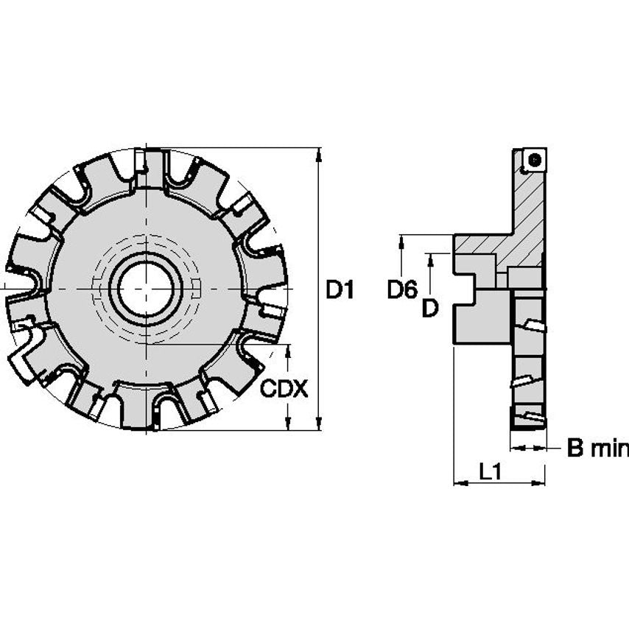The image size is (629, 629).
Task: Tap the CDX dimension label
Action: click(x=284, y=388)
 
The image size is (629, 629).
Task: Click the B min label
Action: click(x=597, y=448)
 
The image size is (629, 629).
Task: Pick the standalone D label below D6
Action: click(x=430, y=309)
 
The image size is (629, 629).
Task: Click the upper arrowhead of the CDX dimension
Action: click(x=288, y=348)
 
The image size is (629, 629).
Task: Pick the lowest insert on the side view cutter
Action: click(x=528, y=420)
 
